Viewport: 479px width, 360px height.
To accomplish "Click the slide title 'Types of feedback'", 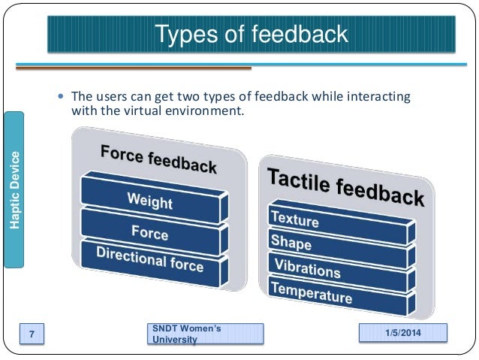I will tap(251, 35).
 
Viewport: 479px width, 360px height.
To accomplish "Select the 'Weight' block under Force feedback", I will tap(149, 201).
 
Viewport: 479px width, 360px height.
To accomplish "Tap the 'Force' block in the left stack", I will tap(149, 233).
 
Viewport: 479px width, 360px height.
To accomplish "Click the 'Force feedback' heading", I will tap(158, 159).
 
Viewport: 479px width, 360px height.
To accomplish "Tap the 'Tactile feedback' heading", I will tap(345, 186).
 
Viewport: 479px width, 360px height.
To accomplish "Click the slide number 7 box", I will tap(32, 333).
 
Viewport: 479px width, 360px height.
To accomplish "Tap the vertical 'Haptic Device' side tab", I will tap(14, 189).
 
